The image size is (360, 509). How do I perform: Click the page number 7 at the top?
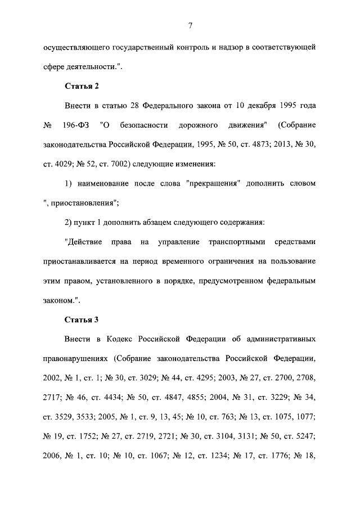click(x=191, y=25)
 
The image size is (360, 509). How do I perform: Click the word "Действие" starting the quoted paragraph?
click(x=84, y=242)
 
